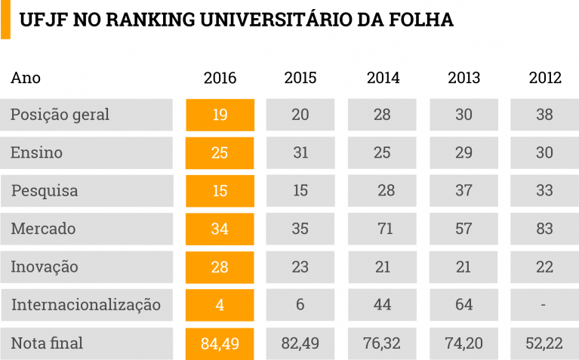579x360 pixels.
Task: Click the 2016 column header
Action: point(220,78)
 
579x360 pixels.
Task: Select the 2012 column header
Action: point(545,78)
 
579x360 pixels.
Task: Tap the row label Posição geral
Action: point(60,115)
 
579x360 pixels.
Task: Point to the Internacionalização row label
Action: point(85,305)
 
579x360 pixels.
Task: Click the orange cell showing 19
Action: point(220,115)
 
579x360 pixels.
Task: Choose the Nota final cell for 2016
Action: point(220,343)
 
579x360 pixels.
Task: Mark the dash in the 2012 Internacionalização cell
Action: point(545,305)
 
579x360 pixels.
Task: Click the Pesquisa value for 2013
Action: point(464,191)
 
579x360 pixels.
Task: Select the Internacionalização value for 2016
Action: point(220,305)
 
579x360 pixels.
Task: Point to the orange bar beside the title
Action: point(5,20)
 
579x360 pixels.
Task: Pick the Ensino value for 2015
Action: point(300,152)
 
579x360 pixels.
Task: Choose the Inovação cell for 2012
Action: point(545,267)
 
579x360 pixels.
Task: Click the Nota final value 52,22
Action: point(545,343)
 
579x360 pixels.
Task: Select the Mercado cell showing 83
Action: point(545,229)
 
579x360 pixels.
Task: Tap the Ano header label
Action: point(26,78)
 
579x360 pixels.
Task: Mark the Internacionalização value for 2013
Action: point(464,305)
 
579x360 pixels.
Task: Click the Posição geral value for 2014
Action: point(382,115)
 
